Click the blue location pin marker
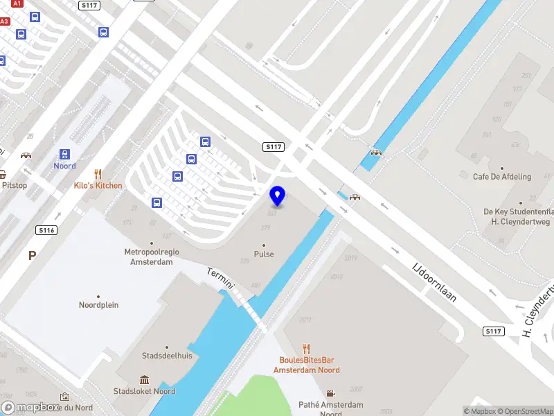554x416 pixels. pos(278,196)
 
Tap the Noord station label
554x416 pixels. pos(65,166)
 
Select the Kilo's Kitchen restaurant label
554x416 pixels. pos(98,185)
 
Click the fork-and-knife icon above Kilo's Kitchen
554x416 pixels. pos(98,174)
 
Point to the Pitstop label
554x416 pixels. pos(14,185)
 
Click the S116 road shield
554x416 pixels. pos(47,229)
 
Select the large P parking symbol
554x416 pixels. pos(32,256)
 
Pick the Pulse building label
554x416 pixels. pos(264,254)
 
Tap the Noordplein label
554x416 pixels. pos(98,304)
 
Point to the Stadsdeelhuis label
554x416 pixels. pos(167,356)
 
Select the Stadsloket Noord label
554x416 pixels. pos(145,391)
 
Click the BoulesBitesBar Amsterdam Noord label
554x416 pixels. pos(306,365)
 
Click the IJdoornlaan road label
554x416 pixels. pos(435,281)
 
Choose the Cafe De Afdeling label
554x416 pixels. pos(502,177)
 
